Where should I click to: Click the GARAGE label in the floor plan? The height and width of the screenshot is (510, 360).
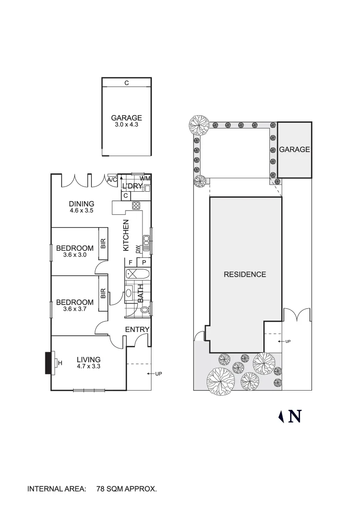pyautogui.click(x=126, y=118)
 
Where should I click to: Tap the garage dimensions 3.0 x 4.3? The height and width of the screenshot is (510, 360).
pyautogui.click(x=126, y=125)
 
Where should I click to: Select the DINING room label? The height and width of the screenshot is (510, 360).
pyautogui.click(x=81, y=204)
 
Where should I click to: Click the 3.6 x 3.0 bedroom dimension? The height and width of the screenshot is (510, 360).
pyautogui.click(x=75, y=255)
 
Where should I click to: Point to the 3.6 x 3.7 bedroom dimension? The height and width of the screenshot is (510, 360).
pyautogui.click(x=75, y=309)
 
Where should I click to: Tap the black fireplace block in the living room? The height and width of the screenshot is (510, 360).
pyautogui.click(x=48, y=363)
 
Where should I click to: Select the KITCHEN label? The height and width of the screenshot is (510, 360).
pyautogui.click(x=126, y=235)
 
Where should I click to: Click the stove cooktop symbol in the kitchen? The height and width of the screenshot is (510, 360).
pyautogui.click(x=136, y=205)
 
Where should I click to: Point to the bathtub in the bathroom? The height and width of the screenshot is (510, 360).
pyautogui.click(x=136, y=274)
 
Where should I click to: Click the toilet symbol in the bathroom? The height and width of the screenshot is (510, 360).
pyautogui.click(x=145, y=309)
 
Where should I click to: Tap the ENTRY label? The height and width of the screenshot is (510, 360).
pyautogui.click(x=137, y=330)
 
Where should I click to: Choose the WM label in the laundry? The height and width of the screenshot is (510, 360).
pyautogui.click(x=144, y=178)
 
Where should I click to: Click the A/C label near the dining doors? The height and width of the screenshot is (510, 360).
pyautogui.click(x=112, y=180)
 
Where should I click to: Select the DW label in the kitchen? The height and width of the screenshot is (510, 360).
pyautogui.click(x=138, y=249)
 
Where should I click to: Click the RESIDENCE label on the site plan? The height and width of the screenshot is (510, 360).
pyautogui.click(x=245, y=274)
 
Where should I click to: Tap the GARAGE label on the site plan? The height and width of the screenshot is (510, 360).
pyautogui.click(x=294, y=149)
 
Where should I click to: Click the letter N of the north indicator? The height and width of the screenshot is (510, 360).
pyautogui.click(x=295, y=416)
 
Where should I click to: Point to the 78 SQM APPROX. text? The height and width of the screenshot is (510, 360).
pyautogui.click(x=126, y=489)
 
